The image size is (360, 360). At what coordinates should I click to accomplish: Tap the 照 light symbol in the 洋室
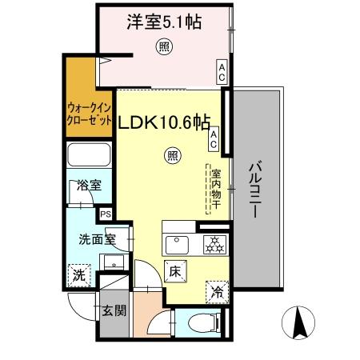click(163, 47)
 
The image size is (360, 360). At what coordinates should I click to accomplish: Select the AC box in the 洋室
click(222, 74)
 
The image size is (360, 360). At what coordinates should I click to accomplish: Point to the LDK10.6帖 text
click(166, 124)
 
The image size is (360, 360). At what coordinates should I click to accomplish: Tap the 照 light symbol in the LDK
click(172, 155)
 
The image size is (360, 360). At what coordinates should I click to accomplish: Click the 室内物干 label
click(215, 189)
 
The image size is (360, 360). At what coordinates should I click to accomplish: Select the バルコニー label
click(256, 191)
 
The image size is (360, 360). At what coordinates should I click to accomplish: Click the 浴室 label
click(89, 186)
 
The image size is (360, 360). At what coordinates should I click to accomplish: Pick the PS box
click(106, 214)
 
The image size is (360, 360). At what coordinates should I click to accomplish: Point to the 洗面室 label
click(97, 238)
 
